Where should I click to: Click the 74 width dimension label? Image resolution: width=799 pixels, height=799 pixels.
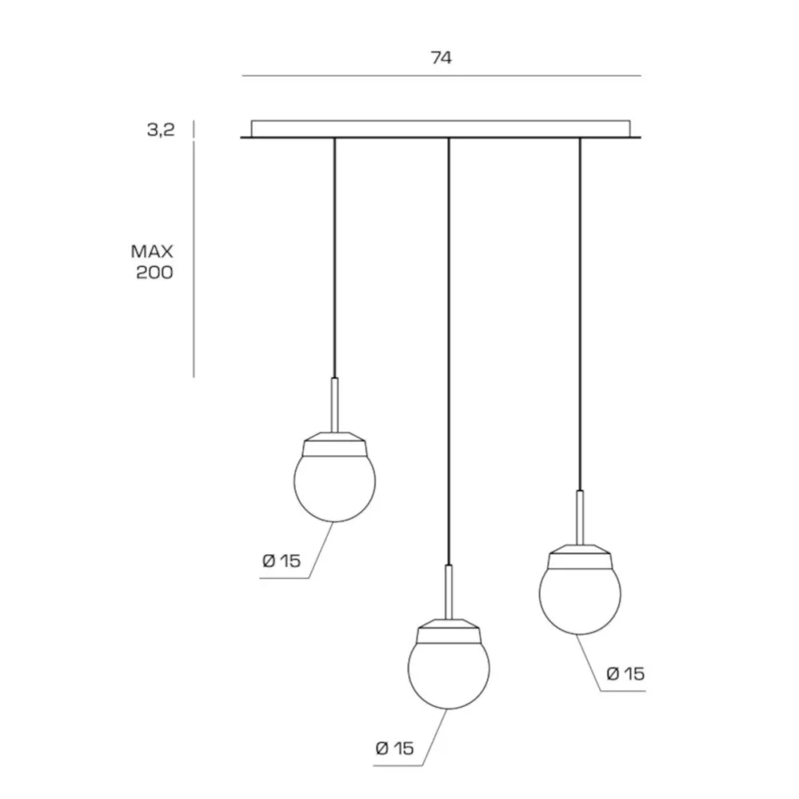pos(441,58)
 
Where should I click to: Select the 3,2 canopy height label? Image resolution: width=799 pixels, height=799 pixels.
pos(161,130)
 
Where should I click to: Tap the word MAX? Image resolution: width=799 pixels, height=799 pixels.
pos(152,251)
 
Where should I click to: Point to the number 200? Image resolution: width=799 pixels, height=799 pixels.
pos(154,272)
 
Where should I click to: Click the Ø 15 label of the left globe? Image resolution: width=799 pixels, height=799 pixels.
pos(282,561)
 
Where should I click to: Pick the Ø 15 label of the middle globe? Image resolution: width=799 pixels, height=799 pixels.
pos(395,749)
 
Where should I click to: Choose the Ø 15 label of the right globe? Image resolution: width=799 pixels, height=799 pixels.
pos(626,674)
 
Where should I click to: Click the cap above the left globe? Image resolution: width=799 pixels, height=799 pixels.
pos(335,443)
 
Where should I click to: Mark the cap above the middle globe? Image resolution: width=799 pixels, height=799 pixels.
pos(449,631)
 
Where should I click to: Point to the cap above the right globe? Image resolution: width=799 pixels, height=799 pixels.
pos(580,556)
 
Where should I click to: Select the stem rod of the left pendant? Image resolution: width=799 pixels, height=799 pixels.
pos(335,405)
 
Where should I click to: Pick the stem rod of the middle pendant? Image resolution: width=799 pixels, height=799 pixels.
pos(449,592)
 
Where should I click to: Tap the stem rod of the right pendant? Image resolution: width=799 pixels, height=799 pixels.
pos(580,518)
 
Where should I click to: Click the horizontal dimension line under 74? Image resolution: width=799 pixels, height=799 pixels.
pos(441,76)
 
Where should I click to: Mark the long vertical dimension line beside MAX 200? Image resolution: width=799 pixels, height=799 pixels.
pos(193,260)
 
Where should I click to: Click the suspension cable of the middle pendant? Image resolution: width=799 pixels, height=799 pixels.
pos(449,351)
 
